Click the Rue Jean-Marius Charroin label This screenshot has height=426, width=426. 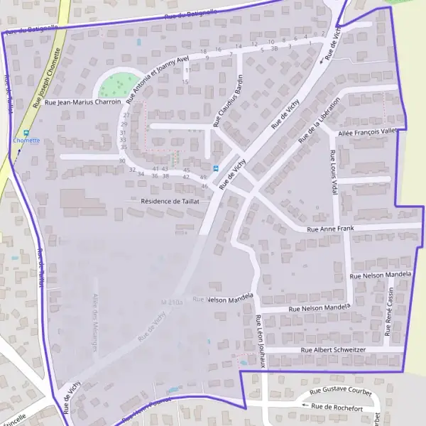click(82, 102)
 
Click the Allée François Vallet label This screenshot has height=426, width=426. click(368, 132)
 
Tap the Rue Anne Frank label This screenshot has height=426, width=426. click(329, 229)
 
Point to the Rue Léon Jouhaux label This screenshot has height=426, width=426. click(261, 341)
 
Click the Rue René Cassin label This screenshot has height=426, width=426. click(389, 313)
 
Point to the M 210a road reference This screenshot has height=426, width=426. click(173, 302)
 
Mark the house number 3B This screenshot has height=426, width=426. click(274, 48)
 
